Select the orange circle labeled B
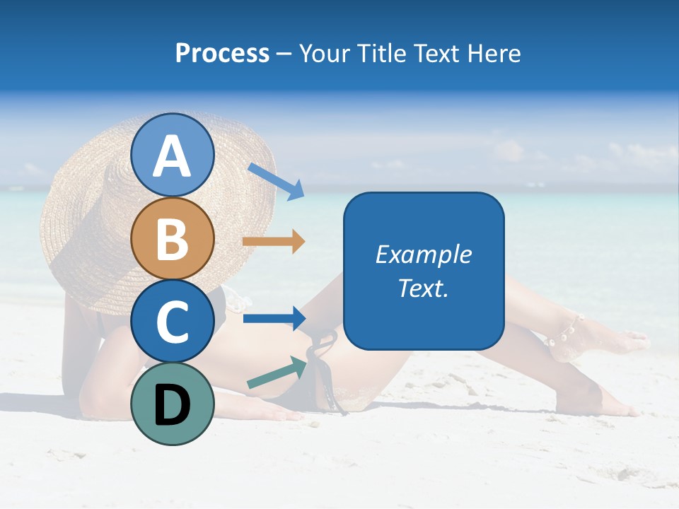click(x=173, y=238)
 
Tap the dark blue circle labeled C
click(x=173, y=321)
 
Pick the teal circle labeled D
click(x=173, y=404)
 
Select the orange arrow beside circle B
click(x=274, y=242)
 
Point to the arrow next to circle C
click(x=274, y=318)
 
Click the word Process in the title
click(x=222, y=53)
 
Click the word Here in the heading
click(x=494, y=53)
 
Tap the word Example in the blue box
click(x=424, y=255)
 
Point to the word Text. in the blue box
click(x=424, y=288)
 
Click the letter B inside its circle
click(x=173, y=239)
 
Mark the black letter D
click(x=173, y=404)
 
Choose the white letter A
click(x=173, y=156)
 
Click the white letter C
click(x=173, y=322)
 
